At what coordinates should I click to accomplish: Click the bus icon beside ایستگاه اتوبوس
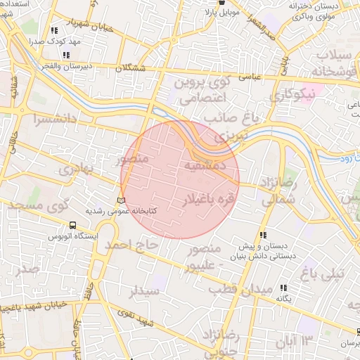(x=73, y=226)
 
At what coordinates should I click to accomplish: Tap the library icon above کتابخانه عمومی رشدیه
(x=121, y=201)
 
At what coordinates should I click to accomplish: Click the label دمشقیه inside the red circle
(x=203, y=166)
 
